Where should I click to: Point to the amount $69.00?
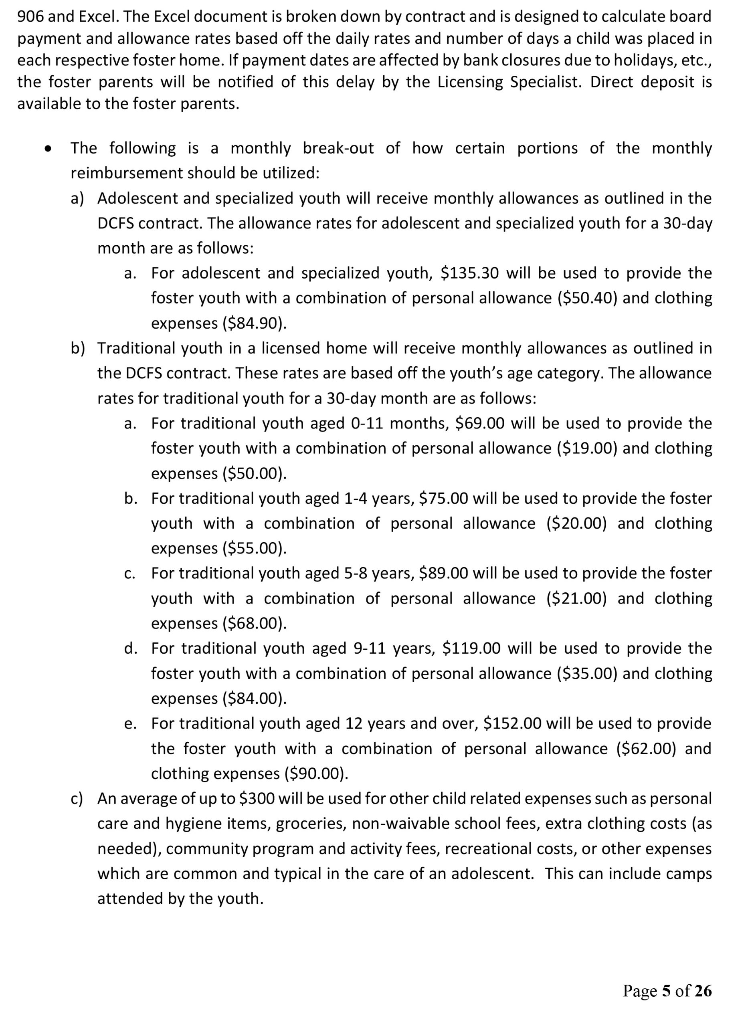coord(480,423)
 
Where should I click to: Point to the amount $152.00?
coord(513,723)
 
